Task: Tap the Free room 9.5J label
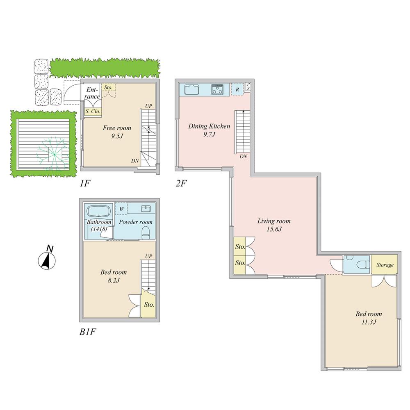[117, 132]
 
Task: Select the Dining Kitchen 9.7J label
[209, 130]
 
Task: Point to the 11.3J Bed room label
[368, 318]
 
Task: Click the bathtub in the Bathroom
[98, 212]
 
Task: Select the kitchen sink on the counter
[191, 89]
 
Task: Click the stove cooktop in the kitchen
[217, 89]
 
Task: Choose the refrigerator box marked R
[237, 89]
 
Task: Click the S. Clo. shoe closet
[93, 111]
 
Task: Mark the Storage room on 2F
[385, 265]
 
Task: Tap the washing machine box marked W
[121, 208]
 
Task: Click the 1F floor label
[85, 183]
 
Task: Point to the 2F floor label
[181, 183]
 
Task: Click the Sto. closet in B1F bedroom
[148, 305]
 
